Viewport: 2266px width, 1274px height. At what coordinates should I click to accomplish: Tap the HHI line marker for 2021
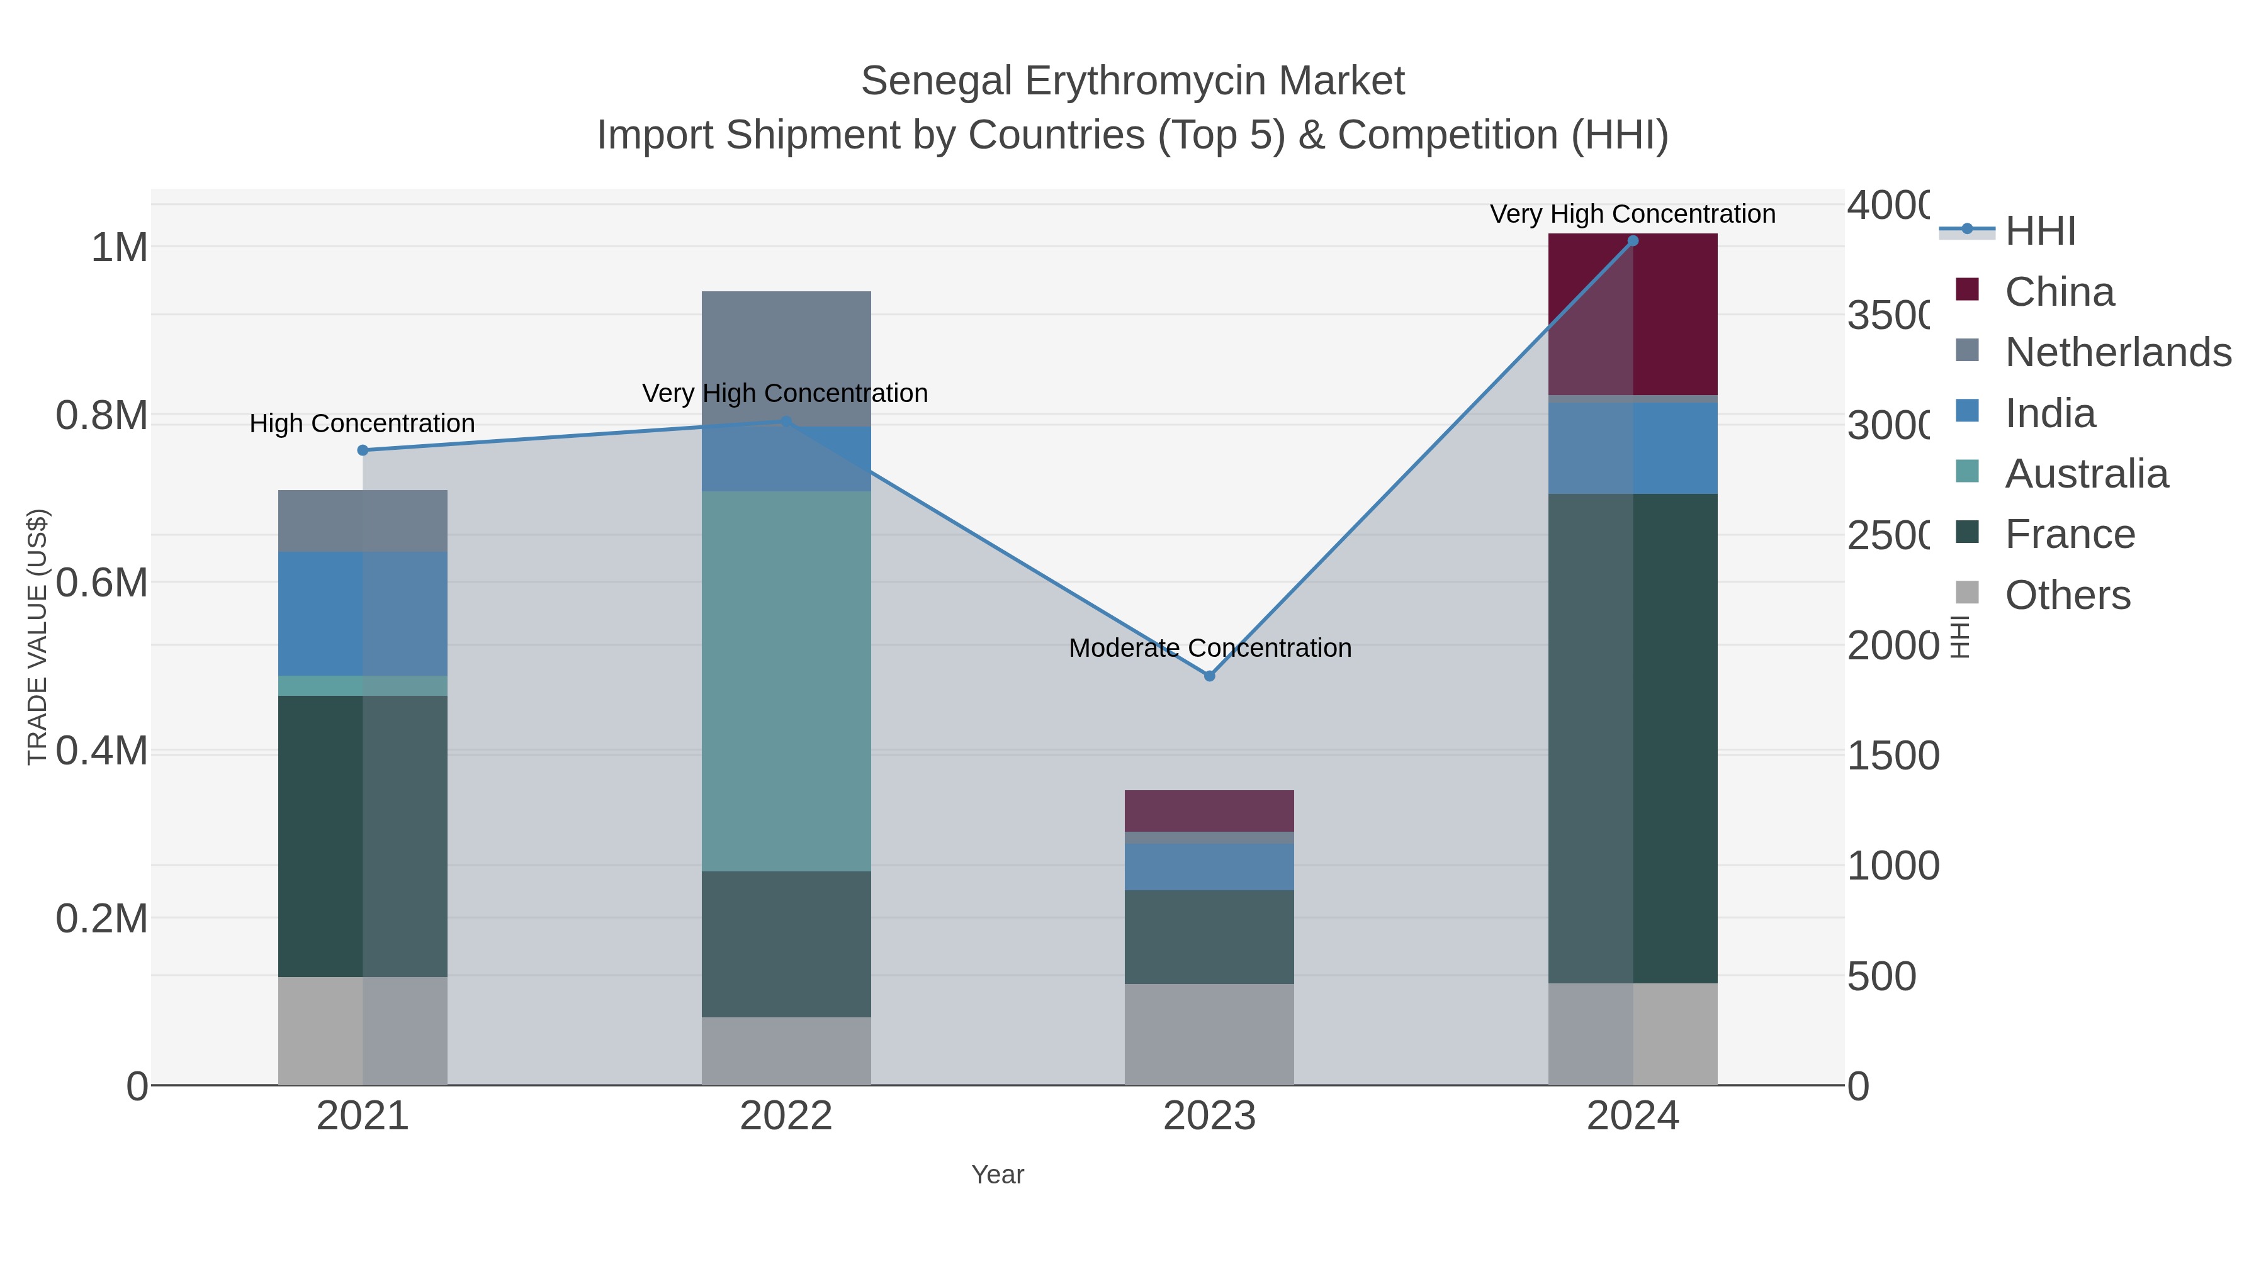363,450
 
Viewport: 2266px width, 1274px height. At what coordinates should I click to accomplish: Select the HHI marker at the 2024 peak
1633,241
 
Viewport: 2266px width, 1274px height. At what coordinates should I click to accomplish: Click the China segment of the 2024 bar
1633,314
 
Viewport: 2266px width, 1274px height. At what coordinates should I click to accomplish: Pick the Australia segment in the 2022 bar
786,681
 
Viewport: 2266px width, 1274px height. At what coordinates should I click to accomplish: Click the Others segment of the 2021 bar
363,1031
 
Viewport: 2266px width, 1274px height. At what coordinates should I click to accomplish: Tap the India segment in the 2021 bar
363,613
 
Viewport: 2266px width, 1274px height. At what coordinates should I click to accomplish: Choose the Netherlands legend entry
2117,352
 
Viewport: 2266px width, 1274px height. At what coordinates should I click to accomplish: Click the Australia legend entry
2086,474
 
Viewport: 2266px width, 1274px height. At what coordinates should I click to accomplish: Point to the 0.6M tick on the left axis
102,583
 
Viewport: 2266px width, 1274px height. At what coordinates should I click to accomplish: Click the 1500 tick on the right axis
1892,755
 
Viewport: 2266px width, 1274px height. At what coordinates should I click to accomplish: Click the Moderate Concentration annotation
1210,648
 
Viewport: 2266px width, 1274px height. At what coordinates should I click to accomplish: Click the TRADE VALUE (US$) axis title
37,637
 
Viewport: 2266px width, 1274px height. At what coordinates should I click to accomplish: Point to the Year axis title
998,1175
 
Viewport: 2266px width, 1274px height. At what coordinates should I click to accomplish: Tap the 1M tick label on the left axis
120,248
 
